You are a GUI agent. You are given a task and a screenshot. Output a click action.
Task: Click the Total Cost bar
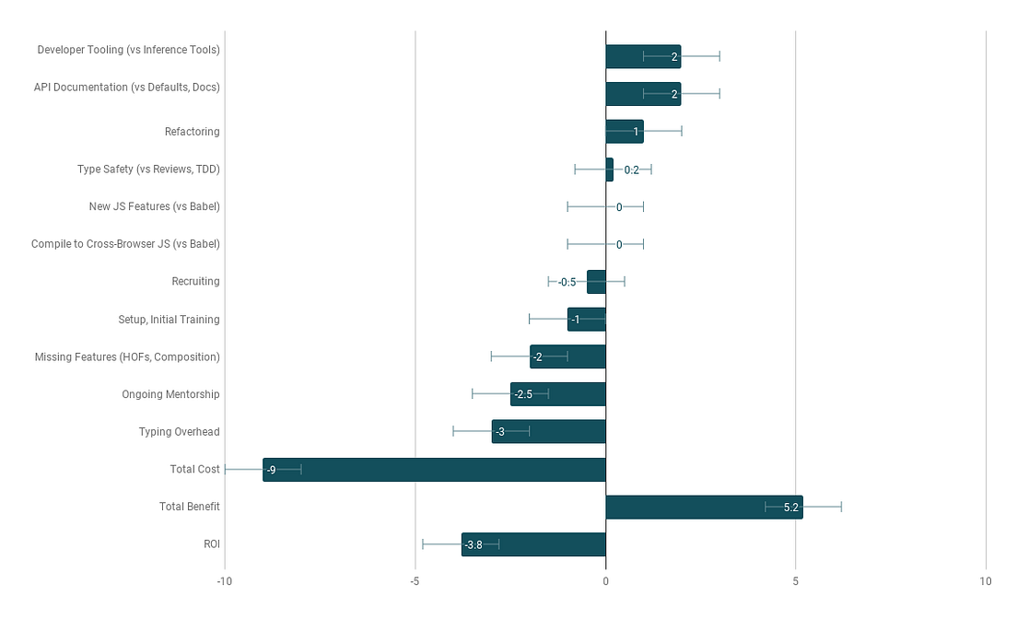[434, 469]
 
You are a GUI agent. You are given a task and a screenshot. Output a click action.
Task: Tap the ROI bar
[533, 544]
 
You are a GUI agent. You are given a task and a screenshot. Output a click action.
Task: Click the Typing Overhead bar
[548, 432]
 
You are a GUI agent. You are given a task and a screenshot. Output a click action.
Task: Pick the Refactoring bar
[624, 132]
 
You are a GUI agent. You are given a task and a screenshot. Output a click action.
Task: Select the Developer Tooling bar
[643, 57]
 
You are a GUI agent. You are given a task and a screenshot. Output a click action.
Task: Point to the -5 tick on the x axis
[415, 581]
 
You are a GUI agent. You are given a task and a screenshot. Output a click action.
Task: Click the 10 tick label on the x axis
[985, 581]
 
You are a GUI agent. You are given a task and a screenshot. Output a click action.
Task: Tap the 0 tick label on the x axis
[605, 581]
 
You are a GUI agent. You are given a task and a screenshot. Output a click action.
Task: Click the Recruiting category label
[195, 282]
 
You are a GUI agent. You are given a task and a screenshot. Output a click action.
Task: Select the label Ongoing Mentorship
[170, 394]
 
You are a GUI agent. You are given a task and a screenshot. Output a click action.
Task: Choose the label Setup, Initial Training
[169, 320]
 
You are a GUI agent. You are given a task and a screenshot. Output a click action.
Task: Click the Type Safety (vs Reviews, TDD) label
[148, 169]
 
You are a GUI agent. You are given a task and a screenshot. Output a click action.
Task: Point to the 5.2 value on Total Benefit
[790, 507]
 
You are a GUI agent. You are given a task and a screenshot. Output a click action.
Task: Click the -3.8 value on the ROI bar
[473, 544]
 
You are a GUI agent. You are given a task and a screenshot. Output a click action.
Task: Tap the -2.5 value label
[523, 394]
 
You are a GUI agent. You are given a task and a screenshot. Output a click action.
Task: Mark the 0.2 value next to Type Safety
[631, 169]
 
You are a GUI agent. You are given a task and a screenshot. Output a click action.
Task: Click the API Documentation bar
[643, 94]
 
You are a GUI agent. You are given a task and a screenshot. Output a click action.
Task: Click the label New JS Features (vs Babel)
[154, 206]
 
